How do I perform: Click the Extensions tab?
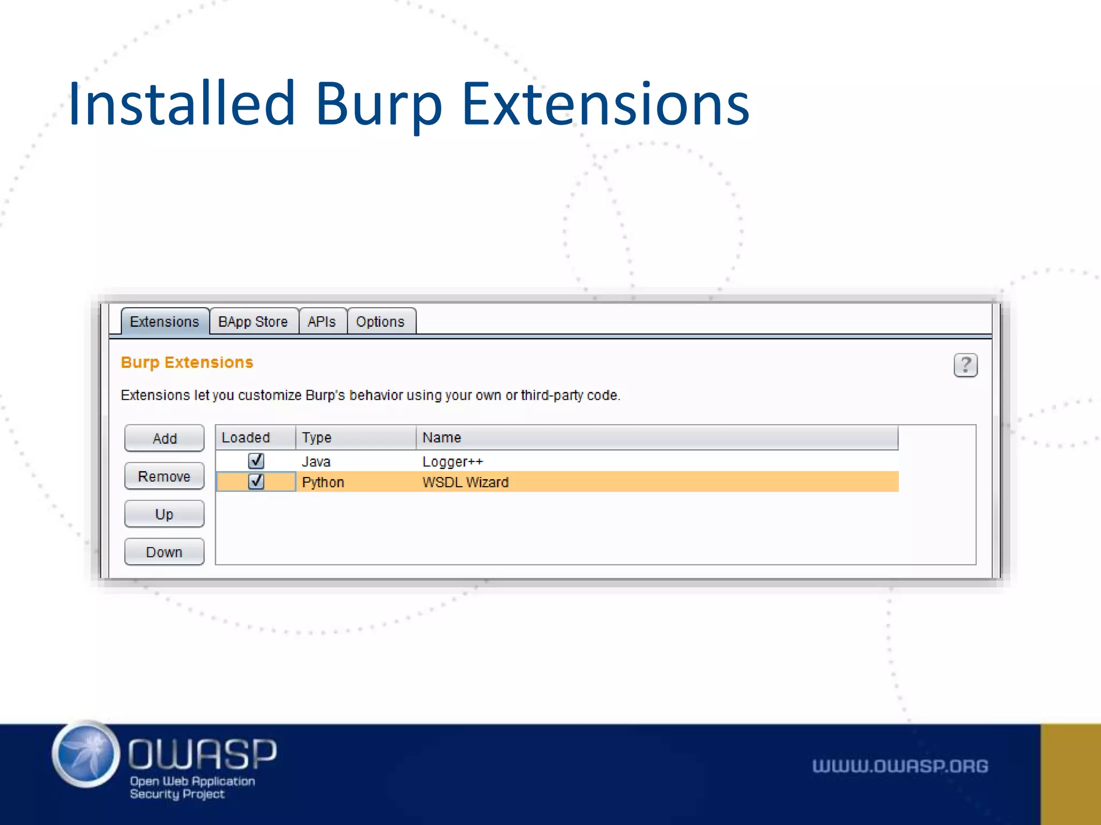tap(165, 322)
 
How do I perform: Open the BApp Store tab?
tap(253, 322)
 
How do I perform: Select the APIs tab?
tap(321, 322)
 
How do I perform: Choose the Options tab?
tap(380, 322)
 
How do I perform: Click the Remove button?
tap(164, 476)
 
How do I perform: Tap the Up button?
tap(164, 514)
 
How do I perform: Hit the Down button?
tap(164, 552)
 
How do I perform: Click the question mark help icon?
tap(966, 365)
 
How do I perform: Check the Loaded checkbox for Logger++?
tap(256, 461)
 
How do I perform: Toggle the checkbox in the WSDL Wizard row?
tap(256, 481)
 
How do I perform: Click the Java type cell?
tap(316, 461)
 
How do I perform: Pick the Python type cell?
tap(323, 482)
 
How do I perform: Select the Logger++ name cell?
tap(453, 461)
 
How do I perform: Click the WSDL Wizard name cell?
tap(466, 482)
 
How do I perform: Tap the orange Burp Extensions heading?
tap(187, 363)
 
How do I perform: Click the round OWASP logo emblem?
tap(85, 755)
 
